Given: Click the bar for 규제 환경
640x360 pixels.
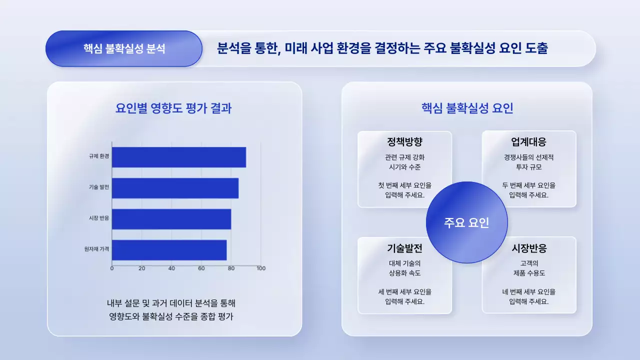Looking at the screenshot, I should point(178,157).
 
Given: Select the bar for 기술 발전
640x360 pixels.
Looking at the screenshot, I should point(175,188).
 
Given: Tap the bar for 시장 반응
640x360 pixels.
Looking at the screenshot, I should point(171,219).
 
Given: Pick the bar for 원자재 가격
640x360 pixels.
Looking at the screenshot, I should point(169,250).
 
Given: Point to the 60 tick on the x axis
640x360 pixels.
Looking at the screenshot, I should point(201,268).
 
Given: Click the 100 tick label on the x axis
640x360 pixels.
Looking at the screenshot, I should point(261,268).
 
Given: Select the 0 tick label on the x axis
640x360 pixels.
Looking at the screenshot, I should point(112,268).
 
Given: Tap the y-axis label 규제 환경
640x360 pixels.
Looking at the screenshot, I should point(99,156).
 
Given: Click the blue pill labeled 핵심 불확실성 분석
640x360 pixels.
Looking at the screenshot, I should point(124,48).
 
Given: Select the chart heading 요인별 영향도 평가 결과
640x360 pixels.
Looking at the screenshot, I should point(173,108).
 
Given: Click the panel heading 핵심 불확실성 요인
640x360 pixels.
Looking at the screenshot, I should point(467,108).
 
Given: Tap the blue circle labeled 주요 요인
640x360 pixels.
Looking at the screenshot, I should point(466,222).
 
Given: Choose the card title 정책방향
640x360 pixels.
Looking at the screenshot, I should point(404,142).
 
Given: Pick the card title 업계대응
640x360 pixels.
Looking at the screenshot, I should point(528,142).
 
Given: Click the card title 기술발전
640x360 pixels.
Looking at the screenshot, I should point(404,248).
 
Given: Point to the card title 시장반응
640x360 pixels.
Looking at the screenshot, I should point(528,248).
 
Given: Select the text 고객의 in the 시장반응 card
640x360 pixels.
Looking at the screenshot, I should point(528,263).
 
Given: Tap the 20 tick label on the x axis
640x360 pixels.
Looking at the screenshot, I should point(142,268).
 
